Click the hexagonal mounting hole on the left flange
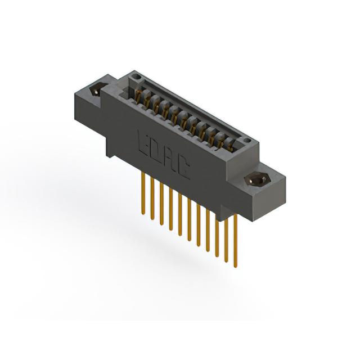click(x=95, y=92)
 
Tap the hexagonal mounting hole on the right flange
click(x=255, y=180)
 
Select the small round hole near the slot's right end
click(x=247, y=140)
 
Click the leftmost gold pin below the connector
click(x=143, y=193)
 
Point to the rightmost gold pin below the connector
click(x=236, y=241)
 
